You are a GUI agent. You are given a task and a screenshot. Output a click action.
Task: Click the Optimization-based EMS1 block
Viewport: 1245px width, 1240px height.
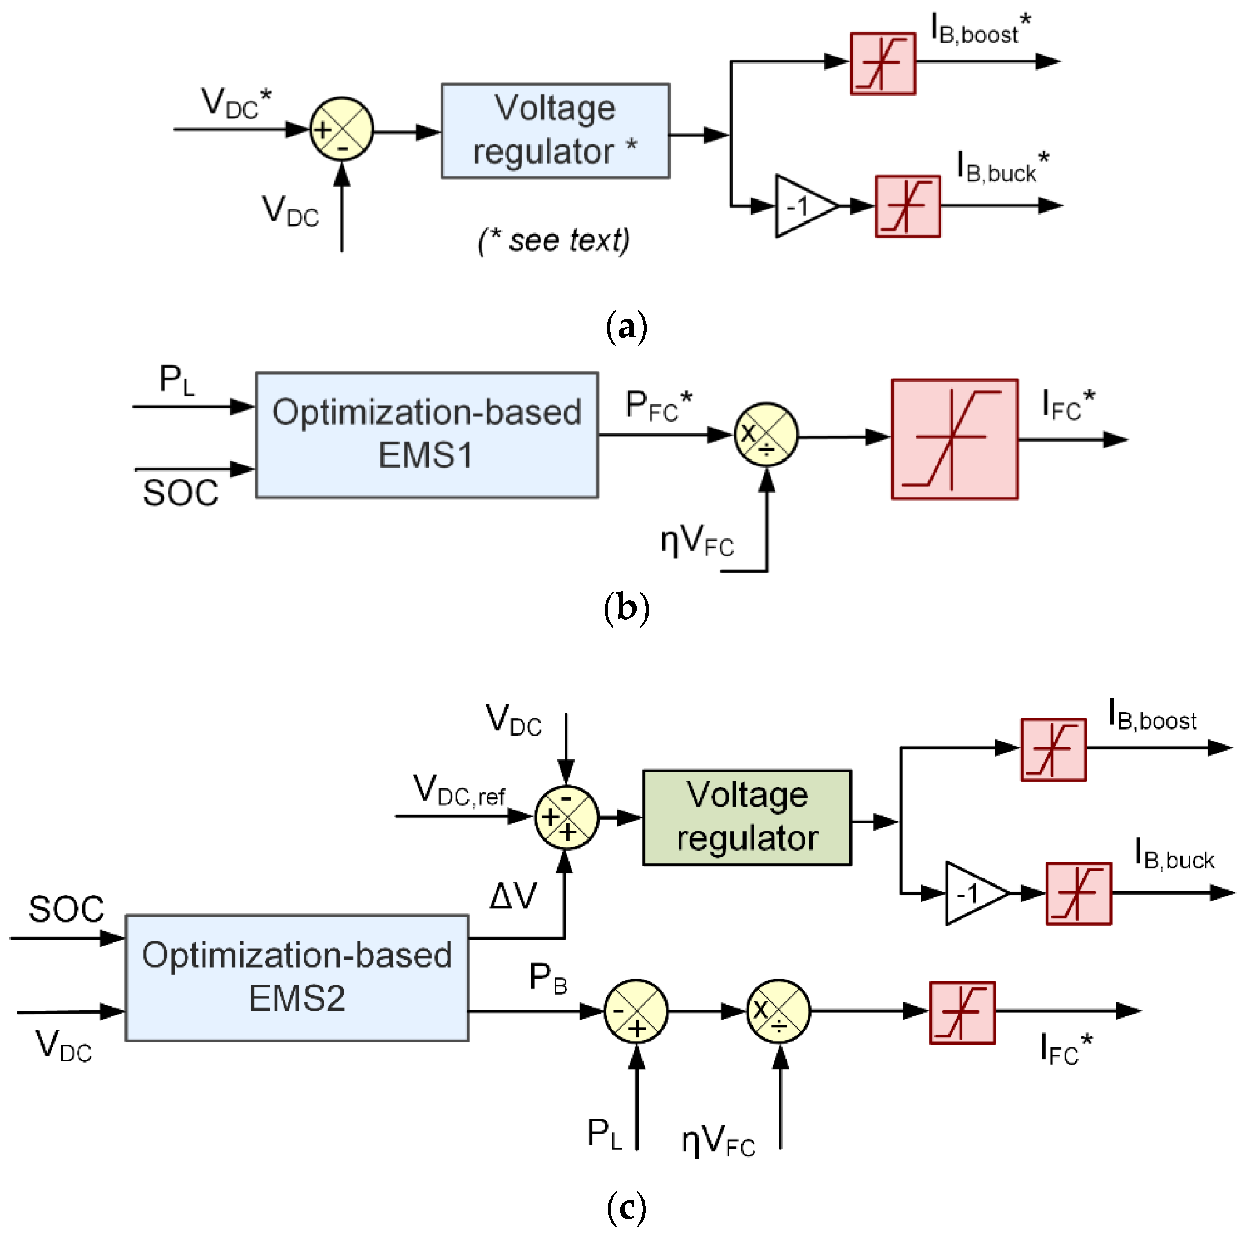[427, 435]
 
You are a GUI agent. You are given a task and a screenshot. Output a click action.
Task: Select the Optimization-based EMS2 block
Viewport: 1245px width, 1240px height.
[297, 978]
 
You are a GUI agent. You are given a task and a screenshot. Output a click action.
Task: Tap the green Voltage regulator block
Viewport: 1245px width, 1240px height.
[747, 817]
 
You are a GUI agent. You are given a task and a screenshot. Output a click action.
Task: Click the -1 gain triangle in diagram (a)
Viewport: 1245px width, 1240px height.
[805, 206]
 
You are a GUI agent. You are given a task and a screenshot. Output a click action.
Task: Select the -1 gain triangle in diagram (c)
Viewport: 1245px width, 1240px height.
[976, 893]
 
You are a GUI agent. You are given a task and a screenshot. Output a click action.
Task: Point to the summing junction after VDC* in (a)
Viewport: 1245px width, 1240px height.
[341, 130]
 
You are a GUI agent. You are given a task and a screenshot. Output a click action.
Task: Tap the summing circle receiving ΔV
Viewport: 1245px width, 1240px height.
[566, 817]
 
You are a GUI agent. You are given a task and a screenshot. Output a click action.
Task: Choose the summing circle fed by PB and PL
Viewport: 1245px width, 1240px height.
[636, 1011]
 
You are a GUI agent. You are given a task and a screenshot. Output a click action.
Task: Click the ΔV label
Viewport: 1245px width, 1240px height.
[513, 896]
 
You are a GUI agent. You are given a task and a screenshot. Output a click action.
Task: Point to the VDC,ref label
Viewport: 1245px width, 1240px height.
[459, 790]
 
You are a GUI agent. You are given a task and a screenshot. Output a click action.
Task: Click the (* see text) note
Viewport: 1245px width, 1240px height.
[554, 240]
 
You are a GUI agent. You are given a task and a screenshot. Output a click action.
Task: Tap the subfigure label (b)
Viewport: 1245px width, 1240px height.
[626, 608]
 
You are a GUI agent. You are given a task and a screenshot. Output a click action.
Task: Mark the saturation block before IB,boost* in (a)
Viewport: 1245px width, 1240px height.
[883, 63]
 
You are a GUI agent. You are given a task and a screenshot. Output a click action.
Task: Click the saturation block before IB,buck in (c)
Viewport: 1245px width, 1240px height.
[1079, 893]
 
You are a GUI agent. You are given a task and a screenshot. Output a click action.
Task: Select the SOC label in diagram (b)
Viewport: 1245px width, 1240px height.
[181, 493]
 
